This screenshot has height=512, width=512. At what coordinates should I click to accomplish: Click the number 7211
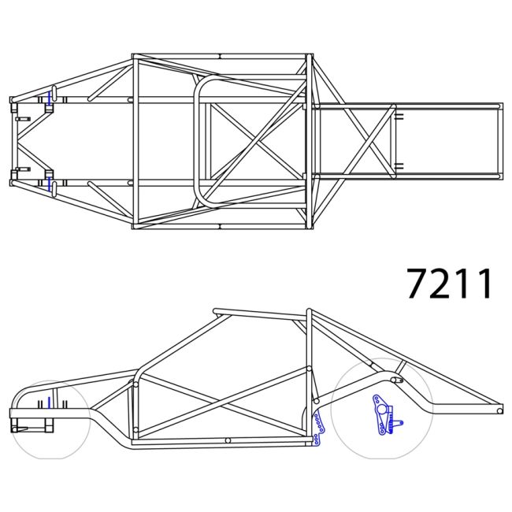point(450,284)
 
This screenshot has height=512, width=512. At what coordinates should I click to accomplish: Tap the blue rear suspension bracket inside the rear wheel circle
point(383,414)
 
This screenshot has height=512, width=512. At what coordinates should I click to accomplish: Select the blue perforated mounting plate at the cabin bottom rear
point(317,426)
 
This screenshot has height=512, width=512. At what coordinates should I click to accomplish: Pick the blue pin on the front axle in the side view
point(49,403)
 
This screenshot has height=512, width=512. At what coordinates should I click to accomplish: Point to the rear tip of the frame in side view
point(499,410)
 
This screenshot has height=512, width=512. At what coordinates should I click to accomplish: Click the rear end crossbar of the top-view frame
point(499,140)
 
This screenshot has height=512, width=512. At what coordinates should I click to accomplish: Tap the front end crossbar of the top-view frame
point(13,140)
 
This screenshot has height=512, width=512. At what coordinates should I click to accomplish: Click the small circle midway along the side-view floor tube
point(227,440)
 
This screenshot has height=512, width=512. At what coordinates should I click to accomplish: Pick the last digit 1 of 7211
point(483,284)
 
